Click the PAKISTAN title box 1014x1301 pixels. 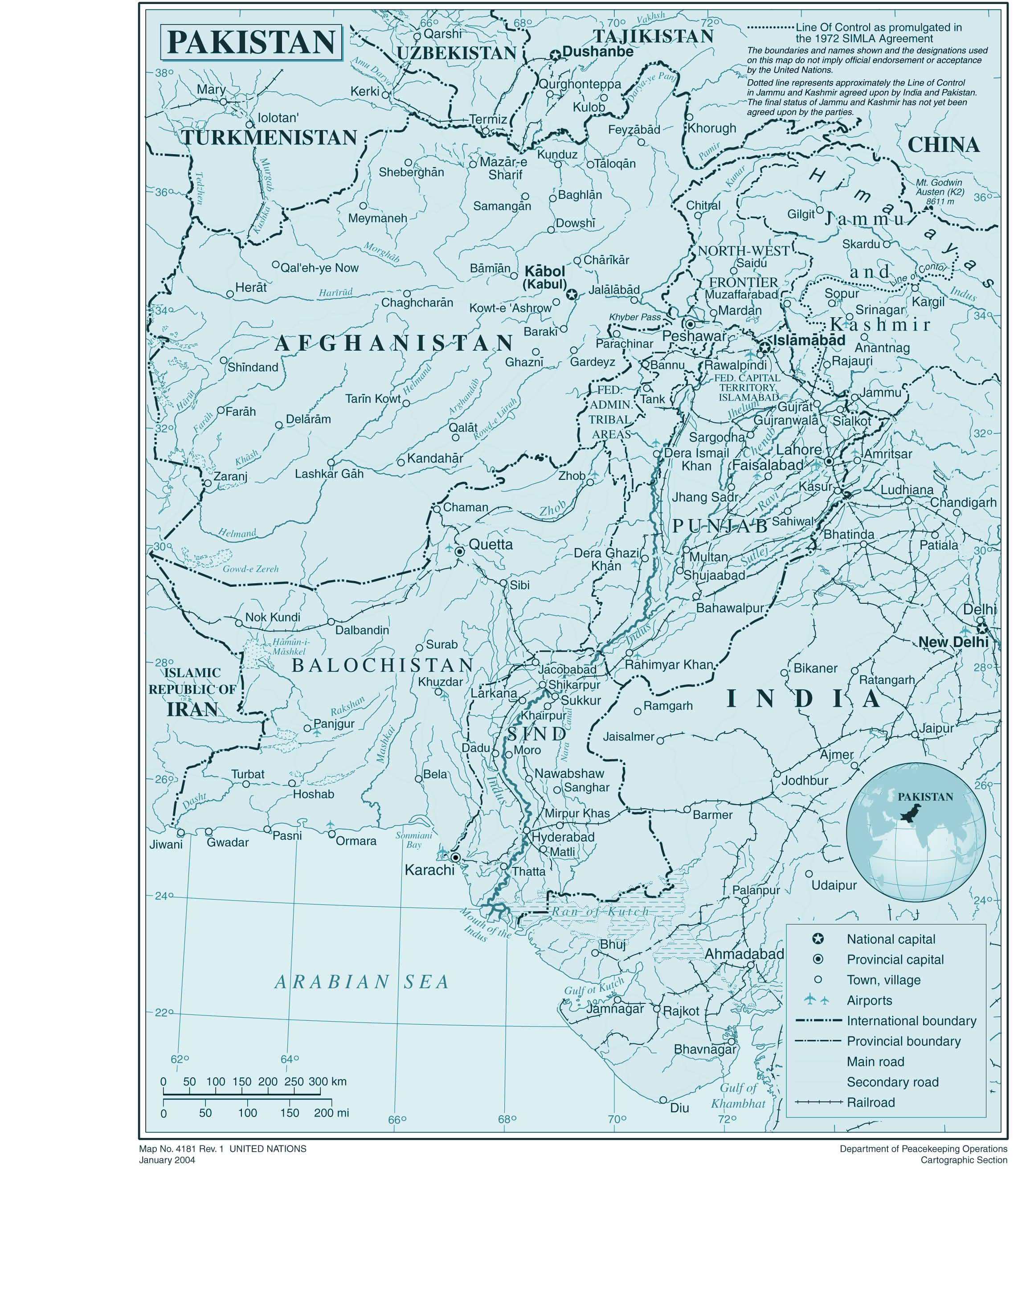pyautogui.click(x=251, y=42)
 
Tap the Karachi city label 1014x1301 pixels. pyautogui.click(x=429, y=870)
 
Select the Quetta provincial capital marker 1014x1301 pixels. pyautogui.click(x=459, y=552)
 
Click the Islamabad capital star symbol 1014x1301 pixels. pyautogui.click(x=765, y=347)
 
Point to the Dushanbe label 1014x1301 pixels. pyautogui.click(x=597, y=52)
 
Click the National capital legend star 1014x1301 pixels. pyautogui.click(x=818, y=939)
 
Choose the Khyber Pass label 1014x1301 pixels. pyautogui.click(x=634, y=317)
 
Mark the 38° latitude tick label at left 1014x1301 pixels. pyautogui.click(x=162, y=73)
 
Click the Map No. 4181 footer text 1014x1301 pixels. pyautogui.click(x=222, y=1149)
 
